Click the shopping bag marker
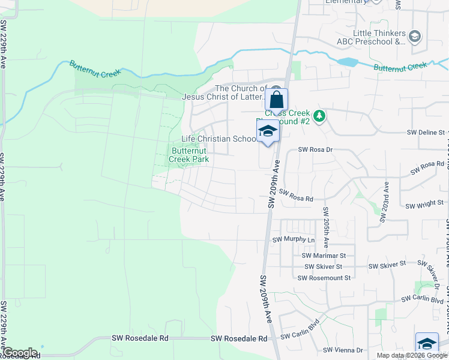pos(277,100)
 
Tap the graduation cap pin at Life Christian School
pos(268,132)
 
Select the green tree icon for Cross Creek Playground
pos(321,115)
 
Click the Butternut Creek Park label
pos(189,155)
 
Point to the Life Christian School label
pos(219,139)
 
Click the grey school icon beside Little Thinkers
pos(414,37)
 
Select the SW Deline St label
pos(426,132)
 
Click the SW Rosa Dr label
pos(315,149)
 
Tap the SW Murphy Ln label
pos(294,240)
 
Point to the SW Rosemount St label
pos(324,278)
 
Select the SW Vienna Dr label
pos(343,350)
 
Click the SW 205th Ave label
pos(326,228)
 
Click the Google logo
pos(20,353)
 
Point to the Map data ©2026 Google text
pos(412,355)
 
